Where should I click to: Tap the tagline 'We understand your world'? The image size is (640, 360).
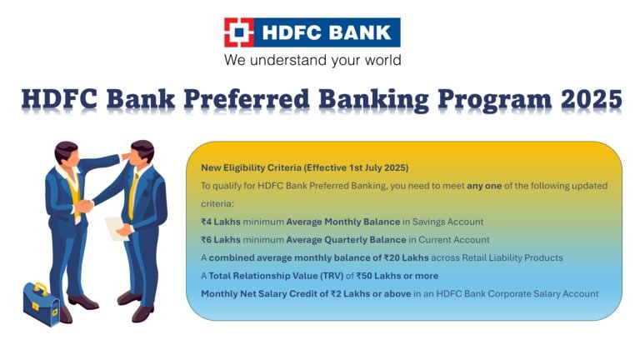click(x=312, y=60)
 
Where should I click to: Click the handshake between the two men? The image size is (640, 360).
click(x=84, y=205)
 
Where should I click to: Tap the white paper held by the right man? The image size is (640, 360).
click(x=115, y=227)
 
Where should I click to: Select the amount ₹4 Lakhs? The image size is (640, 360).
click(x=221, y=222)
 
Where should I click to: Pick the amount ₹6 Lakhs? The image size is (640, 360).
click(x=221, y=240)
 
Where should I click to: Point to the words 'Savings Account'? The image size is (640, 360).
click(x=443, y=222)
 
